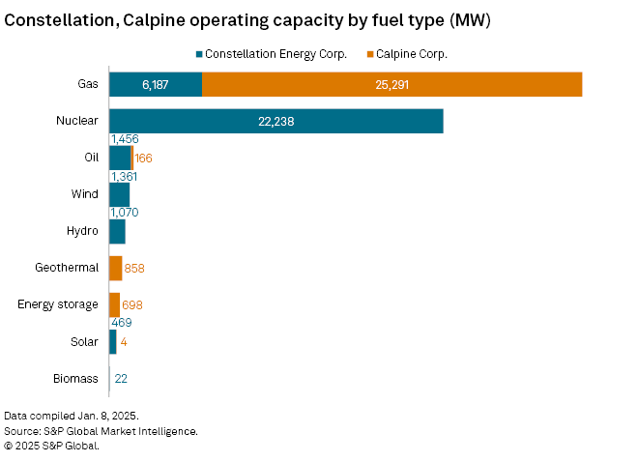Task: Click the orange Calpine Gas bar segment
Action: point(391,85)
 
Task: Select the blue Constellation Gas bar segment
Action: point(156,85)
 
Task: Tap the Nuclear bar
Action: point(275,122)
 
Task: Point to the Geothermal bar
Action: point(115,268)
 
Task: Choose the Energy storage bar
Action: point(114,304)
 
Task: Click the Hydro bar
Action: point(117,231)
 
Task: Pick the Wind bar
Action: point(119,194)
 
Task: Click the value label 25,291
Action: point(392,85)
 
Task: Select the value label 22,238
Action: point(276,122)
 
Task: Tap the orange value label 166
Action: point(144,158)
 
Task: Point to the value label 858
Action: point(134,268)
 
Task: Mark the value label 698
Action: point(132,304)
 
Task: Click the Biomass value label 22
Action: point(122,378)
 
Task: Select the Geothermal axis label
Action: point(67,268)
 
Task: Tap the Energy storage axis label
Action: point(58,304)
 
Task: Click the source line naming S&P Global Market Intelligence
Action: point(101,430)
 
